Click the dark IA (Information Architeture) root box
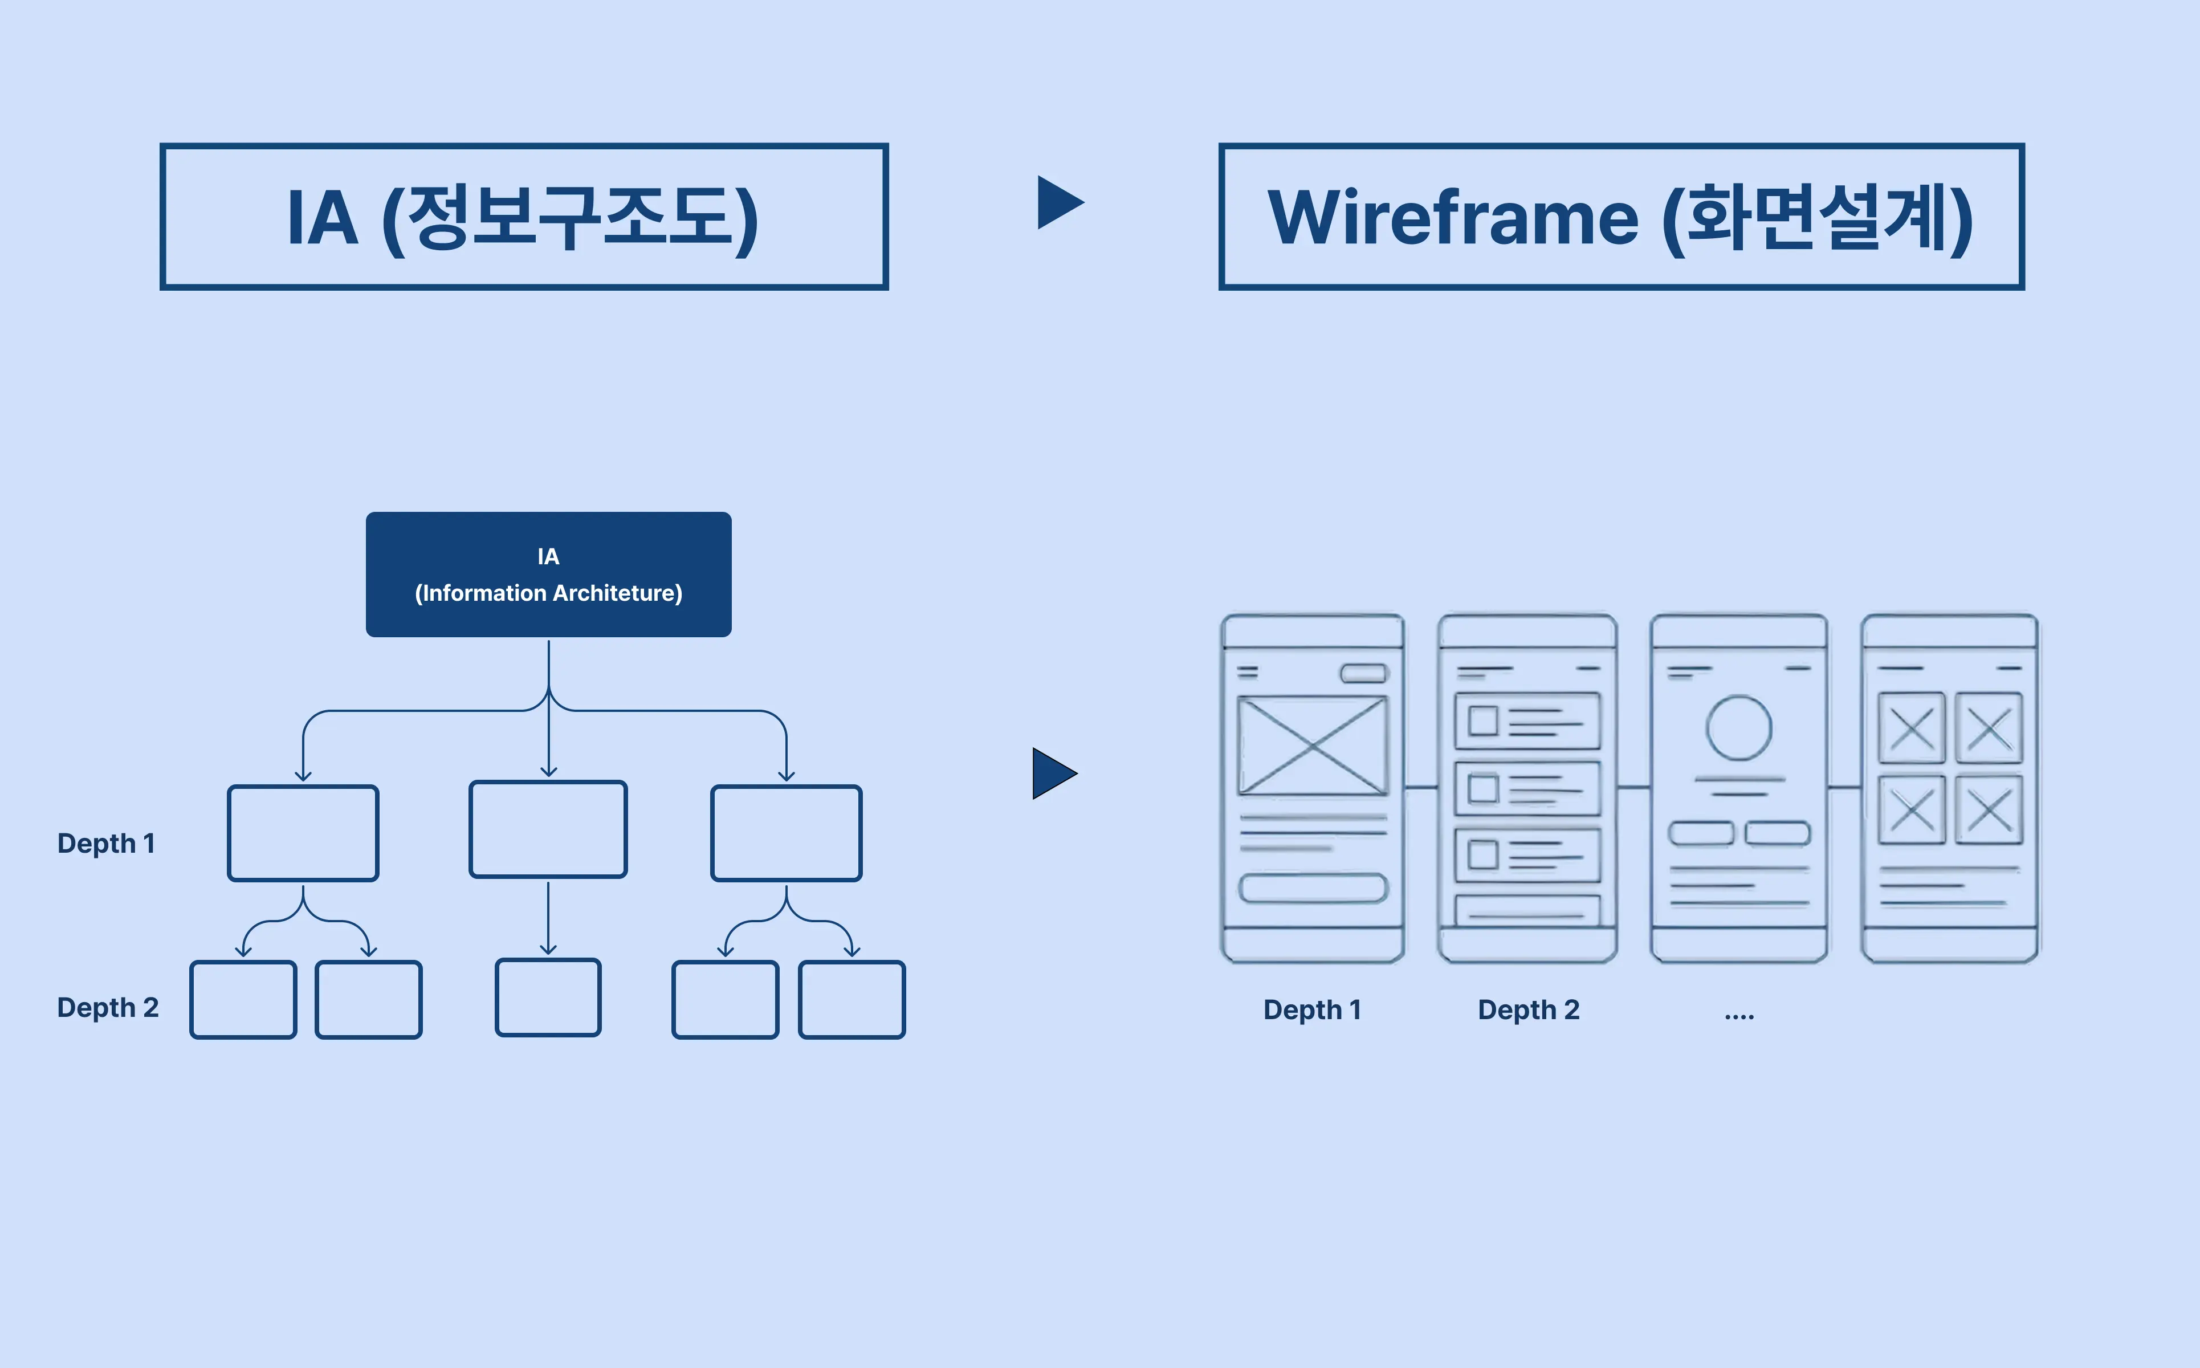click(548, 575)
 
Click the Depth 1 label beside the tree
click(106, 843)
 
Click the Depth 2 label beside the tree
click(108, 1007)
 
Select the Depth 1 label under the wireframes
click(1311, 1009)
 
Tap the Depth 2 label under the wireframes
click(1528, 1009)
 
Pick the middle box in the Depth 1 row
click(548, 829)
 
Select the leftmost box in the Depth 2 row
click(242, 1000)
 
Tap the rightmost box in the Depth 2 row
click(852, 1000)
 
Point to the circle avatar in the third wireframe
click(1739, 727)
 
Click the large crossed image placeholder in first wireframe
click(1311, 746)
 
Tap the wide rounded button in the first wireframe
click(1313, 887)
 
